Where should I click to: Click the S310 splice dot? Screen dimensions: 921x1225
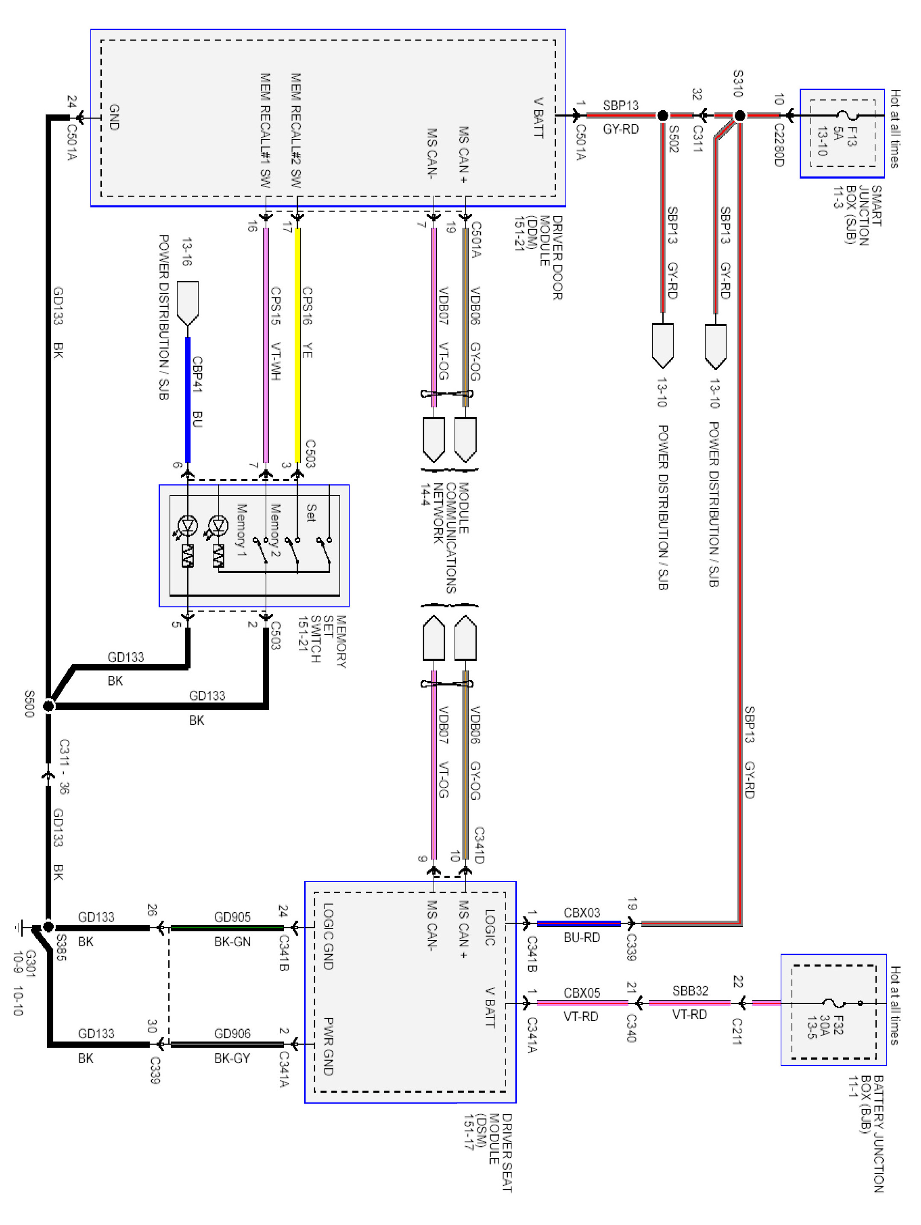739,116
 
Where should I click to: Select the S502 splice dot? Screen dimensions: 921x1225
662,116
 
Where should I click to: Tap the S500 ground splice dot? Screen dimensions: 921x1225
49,706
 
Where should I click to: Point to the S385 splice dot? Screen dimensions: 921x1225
49,927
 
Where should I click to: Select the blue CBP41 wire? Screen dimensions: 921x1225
188,400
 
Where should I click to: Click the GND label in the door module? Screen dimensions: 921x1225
114,118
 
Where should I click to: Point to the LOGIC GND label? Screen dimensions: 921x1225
328,936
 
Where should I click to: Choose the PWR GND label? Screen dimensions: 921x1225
328,1047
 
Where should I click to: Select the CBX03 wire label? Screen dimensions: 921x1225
582,913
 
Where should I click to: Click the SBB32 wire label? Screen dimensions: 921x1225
690,991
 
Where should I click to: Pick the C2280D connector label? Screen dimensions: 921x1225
779,144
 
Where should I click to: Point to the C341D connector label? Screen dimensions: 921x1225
480,845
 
